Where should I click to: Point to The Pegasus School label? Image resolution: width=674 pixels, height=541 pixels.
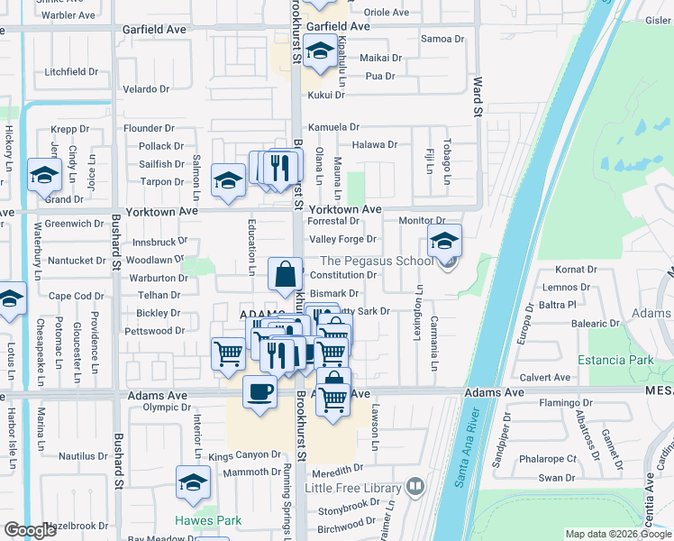tap(377, 261)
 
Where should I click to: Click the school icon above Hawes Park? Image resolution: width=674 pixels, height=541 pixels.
tap(193, 484)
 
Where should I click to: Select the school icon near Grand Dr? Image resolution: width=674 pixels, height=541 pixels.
tap(43, 176)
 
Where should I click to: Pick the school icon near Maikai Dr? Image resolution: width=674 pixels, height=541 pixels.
tap(319, 52)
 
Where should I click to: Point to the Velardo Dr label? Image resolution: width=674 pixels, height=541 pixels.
tap(146, 89)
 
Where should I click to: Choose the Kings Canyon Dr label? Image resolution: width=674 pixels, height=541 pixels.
tap(244, 455)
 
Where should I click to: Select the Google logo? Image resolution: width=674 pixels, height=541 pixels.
tap(32, 531)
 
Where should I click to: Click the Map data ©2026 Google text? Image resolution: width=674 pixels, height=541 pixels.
tap(617, 534)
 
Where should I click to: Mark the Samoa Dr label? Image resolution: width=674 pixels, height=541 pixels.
tap(442, 39)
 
